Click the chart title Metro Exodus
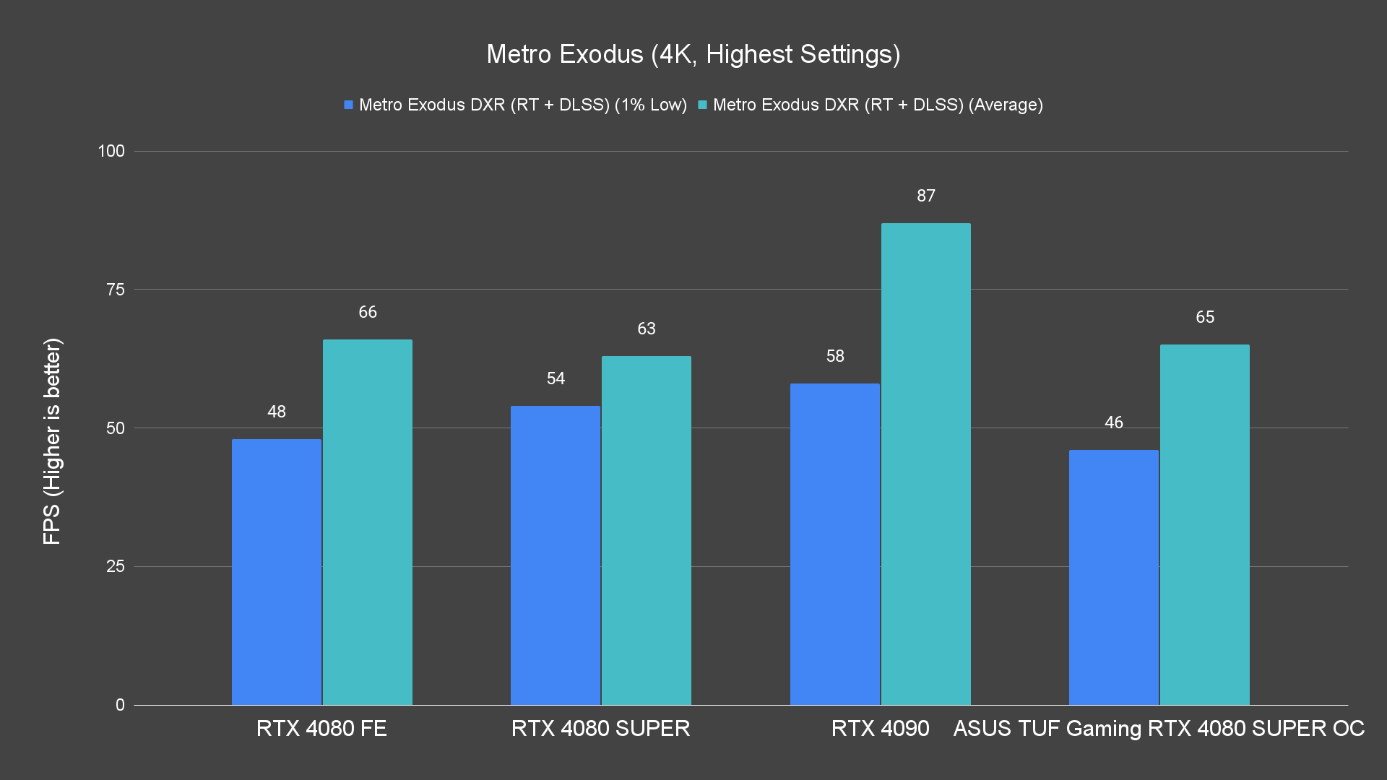point(693,54)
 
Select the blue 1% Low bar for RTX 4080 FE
point(277,571)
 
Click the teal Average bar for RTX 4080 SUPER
point(647,530)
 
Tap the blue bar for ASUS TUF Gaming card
point(1114,577)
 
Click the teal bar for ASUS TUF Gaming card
point(1205,524)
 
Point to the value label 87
point(926,196)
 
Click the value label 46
point(1114,422)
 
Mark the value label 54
point(556,378)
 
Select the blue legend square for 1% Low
point(349,105)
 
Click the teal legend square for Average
point(702,105)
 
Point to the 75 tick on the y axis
point(116,290)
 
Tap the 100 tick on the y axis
point(111,151)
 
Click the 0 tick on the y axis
point(120,705)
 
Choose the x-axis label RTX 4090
point(880,728)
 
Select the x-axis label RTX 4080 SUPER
point(600,728)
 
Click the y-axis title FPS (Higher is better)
point(52,441)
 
